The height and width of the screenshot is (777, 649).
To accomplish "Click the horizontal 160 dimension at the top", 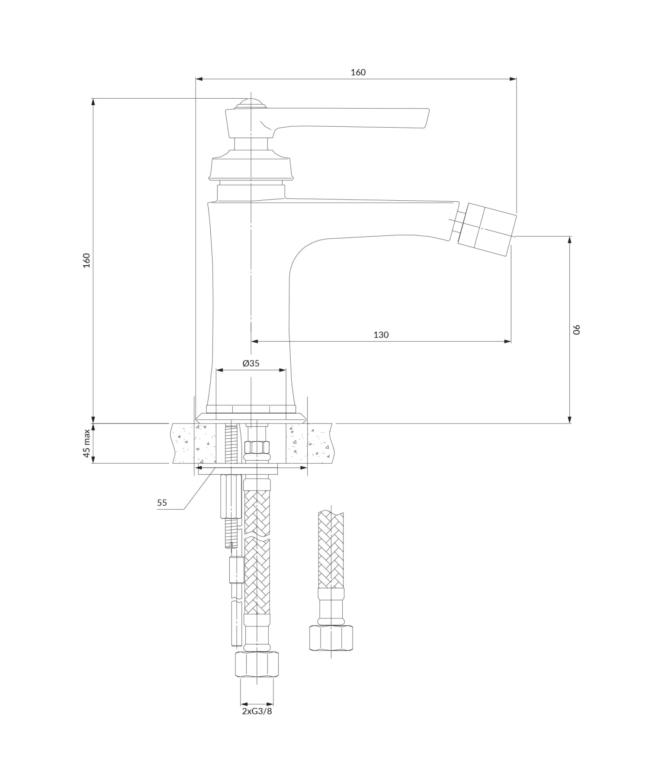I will point(358,72).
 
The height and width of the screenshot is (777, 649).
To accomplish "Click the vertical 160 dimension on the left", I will point(87,260).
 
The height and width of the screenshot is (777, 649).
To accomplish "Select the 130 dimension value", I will point(381,334).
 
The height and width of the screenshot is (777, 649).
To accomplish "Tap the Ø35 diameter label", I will point(251,363).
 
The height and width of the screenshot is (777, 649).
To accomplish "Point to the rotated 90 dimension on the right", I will point(576,329).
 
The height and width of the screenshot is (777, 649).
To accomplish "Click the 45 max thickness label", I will point(87,443).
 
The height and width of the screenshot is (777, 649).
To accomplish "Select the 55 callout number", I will point(162,503).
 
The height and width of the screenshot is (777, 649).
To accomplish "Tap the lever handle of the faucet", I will point(346,119).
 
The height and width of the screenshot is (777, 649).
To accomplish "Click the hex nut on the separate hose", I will point(331,638).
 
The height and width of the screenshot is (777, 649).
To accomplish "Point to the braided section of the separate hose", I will point(331,549).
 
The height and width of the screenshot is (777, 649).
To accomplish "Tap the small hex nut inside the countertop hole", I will point(257,447).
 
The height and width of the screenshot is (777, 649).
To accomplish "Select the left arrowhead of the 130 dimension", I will point(255,341).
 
